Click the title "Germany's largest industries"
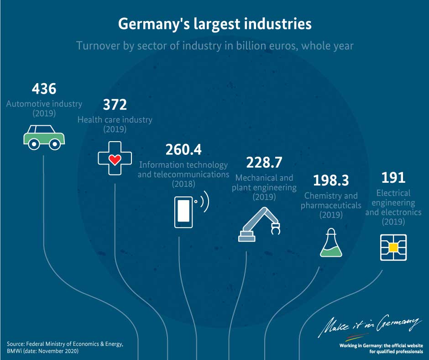point(215,24)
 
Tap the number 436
point(44,89)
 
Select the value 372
point(115,105)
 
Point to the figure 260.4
point(183,149)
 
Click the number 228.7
point(264,163)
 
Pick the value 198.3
point(331,180)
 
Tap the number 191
point(393,178)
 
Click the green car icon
point(44,138)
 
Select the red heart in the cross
point(115,159)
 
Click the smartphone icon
point(183,212)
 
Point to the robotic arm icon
point(259,224)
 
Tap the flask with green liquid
point(331,243)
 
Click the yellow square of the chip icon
point(393,248)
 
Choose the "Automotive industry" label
point(44,104)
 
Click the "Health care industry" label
point(115,120)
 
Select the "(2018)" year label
point(183,184)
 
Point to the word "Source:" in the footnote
point(16,344)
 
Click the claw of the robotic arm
point(276,229)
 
